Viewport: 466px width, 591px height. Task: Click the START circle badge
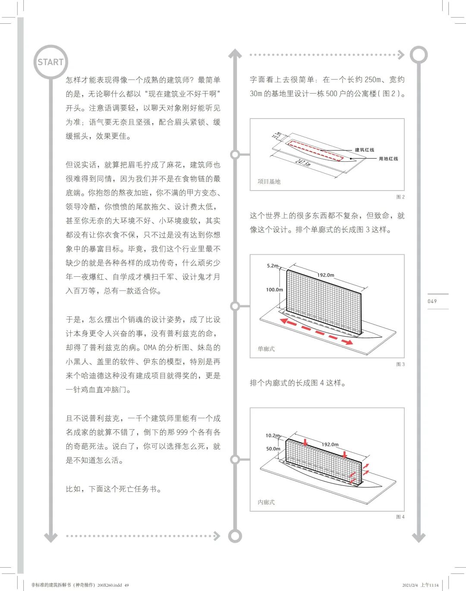(51, 62)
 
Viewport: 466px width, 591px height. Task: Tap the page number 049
(432, 301)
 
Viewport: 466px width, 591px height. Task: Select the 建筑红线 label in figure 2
(365, 150)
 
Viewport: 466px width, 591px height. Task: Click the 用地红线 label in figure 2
(388, 159)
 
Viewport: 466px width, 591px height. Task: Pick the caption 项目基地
(269, 181)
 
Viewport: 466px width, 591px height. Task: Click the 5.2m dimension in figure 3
(273, 266)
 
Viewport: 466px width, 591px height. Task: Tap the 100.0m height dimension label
(274, 290)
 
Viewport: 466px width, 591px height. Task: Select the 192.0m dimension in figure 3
(326, 275)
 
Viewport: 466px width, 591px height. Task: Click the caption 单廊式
(266, 349)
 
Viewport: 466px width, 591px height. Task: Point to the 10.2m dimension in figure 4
(273, 435)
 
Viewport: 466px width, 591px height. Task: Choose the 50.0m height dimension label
(273, 449)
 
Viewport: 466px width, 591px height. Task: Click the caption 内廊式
(266, 502)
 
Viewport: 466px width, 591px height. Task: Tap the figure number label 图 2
(400, 197)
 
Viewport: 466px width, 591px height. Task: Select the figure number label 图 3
(400, 364)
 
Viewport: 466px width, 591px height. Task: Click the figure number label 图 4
(400, 517)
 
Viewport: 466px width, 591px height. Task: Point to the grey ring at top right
(419, 55)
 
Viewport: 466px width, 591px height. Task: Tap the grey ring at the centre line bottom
(235, 536)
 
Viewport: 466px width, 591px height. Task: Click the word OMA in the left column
(150, 347)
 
